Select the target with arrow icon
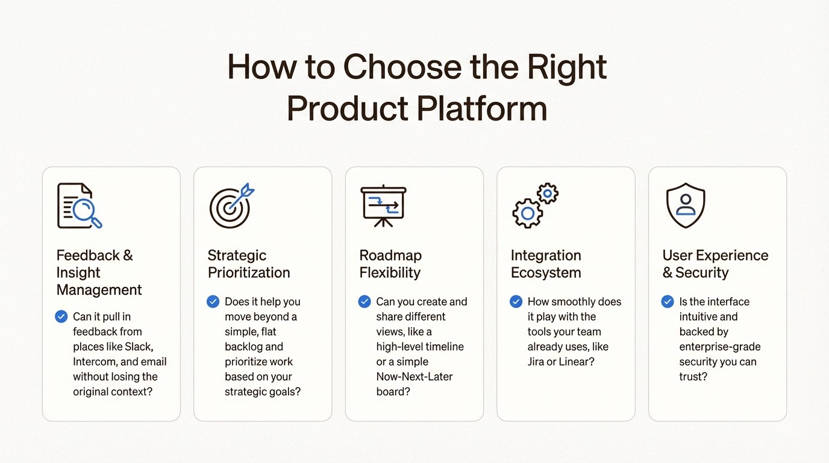coord(231,206)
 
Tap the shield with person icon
coord(686,206)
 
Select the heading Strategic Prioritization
coord(249,264)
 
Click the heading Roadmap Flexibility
coord(390,264)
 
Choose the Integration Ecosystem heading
coord(546,264)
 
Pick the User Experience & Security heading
coord(715,264)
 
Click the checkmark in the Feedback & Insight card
coord(61,317)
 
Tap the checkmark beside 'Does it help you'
coord(213,301)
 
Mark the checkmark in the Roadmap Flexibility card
coord(364,301)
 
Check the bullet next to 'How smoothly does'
coord(516,301)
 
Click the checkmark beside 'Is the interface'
coord(668,301)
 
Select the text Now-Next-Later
coord(414,377)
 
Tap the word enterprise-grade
coord(720,347)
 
